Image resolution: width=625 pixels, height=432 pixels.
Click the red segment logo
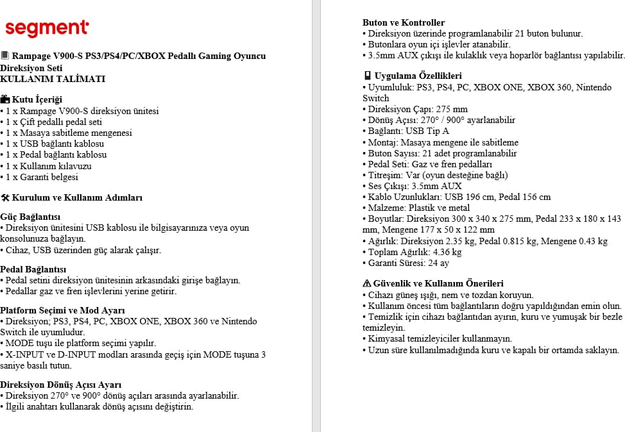pos(46,28)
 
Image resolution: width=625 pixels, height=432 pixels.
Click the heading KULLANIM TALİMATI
pos(53,79)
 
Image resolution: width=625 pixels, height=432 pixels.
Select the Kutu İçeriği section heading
pos(37,99)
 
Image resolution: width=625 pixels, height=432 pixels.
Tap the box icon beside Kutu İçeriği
pos(5,99)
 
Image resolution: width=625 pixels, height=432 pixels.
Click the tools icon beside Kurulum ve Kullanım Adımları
pos(5,197)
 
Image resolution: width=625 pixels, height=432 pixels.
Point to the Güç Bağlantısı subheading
pos(30,217)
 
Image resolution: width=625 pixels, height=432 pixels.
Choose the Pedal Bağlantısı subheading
pos(33,269)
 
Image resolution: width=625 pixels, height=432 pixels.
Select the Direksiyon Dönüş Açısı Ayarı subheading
pos(60,385)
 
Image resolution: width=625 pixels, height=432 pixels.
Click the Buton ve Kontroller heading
pos(404,22)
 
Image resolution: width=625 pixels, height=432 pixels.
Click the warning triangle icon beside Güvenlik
pos(367,283)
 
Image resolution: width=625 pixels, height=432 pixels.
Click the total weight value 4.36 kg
pos(447,252)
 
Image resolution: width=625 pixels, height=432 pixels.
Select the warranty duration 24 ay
pos(438,263)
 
